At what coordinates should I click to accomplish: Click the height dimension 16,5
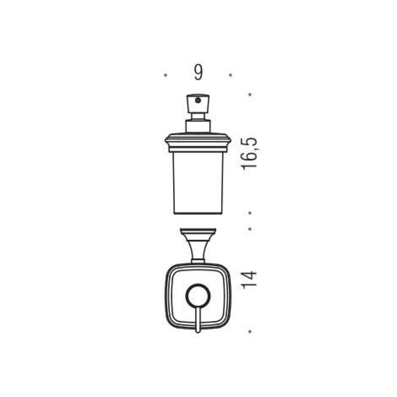click(x=249, y=153)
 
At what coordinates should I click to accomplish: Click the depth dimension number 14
click(x=249, y=279)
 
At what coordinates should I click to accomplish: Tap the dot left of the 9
click(x=166, y=76)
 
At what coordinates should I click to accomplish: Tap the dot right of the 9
click(x=231, y=76)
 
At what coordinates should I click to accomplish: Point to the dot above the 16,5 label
click(x=250, y=95)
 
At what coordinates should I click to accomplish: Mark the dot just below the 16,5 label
click(x=250, y=213)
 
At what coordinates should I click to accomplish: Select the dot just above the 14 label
click(x=250, y=229)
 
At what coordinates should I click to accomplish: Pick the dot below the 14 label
click(x=250, y=331)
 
